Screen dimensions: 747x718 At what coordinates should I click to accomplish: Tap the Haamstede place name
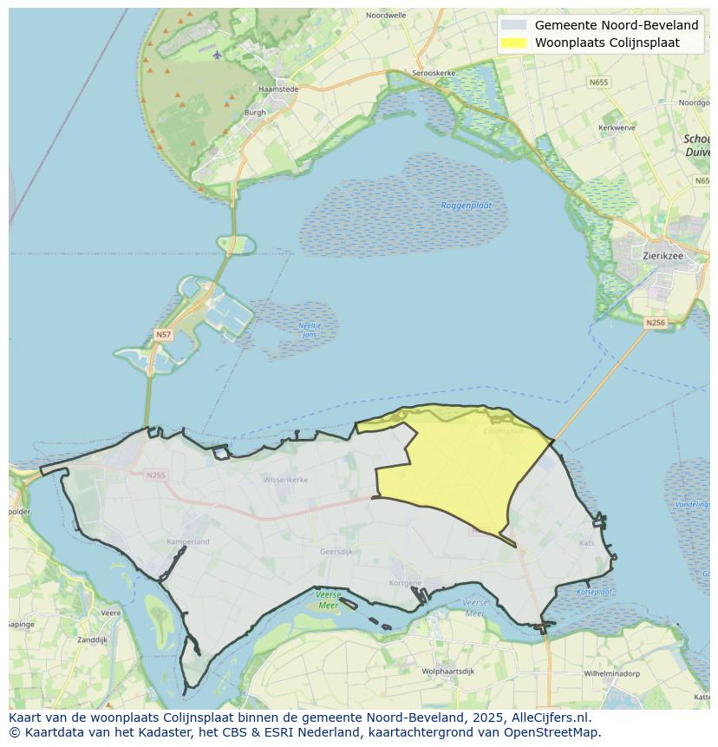[278, 88]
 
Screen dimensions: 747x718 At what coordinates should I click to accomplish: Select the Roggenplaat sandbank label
[467, 206]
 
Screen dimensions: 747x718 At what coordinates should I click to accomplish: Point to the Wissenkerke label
[285, 479]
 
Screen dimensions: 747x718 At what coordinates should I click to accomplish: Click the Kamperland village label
[187, 541]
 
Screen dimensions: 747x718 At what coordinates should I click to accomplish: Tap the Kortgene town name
[406, 583]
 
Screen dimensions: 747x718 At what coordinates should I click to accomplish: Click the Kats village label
[587, 543]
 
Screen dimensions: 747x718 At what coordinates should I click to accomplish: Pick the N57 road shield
[163, 334]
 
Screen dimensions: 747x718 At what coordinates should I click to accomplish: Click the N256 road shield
[656, 323]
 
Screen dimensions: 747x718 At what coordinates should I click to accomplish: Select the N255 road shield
[155, 475]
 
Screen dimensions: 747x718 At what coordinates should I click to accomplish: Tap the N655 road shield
[598, 82]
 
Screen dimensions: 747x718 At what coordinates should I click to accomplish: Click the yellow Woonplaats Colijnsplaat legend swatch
[513, 43]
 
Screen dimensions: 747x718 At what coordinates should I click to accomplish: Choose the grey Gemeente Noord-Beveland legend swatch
[513, 25]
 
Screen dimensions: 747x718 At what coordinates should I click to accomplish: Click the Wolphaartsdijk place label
[447, 671]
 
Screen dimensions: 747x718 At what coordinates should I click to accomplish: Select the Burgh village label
[255, 112]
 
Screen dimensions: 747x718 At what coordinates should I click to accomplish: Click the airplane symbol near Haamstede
[217, 55]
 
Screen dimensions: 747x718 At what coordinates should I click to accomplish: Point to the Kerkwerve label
[617, 128]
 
